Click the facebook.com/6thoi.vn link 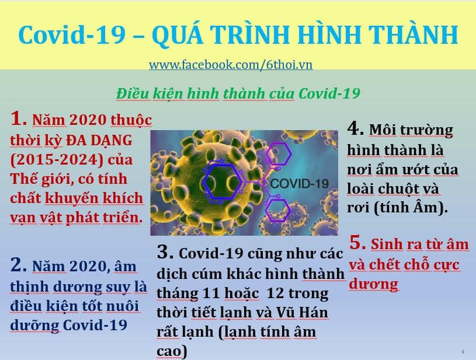point(231,65)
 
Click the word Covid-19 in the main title point(72,35)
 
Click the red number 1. point(19,118)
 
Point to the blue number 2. point(19,264)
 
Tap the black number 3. point(165,251)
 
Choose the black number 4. point(356,128)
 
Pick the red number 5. point(357,243)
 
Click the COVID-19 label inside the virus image point(299,183)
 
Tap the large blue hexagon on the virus point(223,182)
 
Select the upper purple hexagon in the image point(279,154)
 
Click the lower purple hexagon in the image point(277,210)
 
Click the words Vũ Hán point(303,312)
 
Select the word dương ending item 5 point(374,285)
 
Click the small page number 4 point(463,352)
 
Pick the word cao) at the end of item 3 point(172,351)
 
